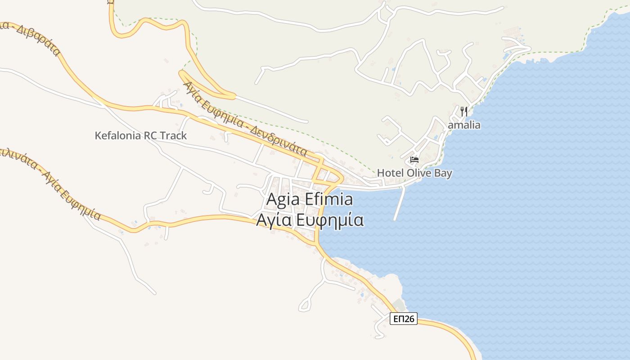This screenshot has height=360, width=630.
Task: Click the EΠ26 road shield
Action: tap(403, 319)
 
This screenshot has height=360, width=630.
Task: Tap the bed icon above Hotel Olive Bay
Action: tap(414, 160)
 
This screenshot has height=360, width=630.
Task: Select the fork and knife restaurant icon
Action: tap(464, 112)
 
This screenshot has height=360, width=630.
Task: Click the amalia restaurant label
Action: tap(464, 125)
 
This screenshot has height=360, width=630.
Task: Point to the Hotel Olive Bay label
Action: tap(414, 173)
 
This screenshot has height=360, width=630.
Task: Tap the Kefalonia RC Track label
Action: tap(140, 135)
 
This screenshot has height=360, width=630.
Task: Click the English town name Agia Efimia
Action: tap(310, 199)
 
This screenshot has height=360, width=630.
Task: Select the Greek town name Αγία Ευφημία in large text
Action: tap(310, 220)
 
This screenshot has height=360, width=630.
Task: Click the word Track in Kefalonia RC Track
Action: tap(173, 135)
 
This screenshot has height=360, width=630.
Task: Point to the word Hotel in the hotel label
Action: tap(390, 173)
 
